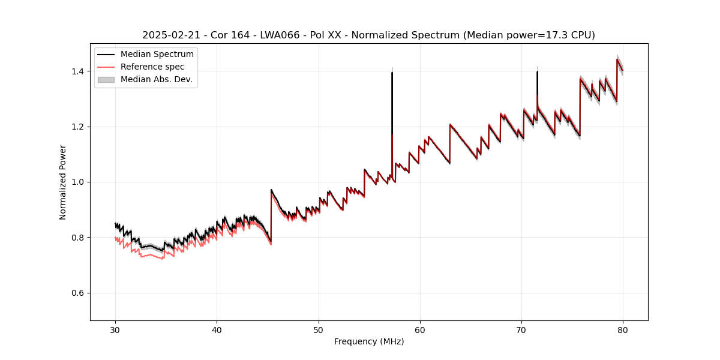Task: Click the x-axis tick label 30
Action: (115, 329)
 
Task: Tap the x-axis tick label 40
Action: (217, 329)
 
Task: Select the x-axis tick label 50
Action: (319, 329)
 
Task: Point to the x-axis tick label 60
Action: (420, 329)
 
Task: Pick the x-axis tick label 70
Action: (521, 329)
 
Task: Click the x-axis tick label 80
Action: (623, 329)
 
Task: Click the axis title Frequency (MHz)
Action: (369, 341)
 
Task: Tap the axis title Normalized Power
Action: (63, 182)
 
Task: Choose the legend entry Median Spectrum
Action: (157, 55)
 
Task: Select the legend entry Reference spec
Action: (152, 67)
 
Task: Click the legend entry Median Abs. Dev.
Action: (157, 79)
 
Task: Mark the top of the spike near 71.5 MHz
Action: (537, 72)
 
